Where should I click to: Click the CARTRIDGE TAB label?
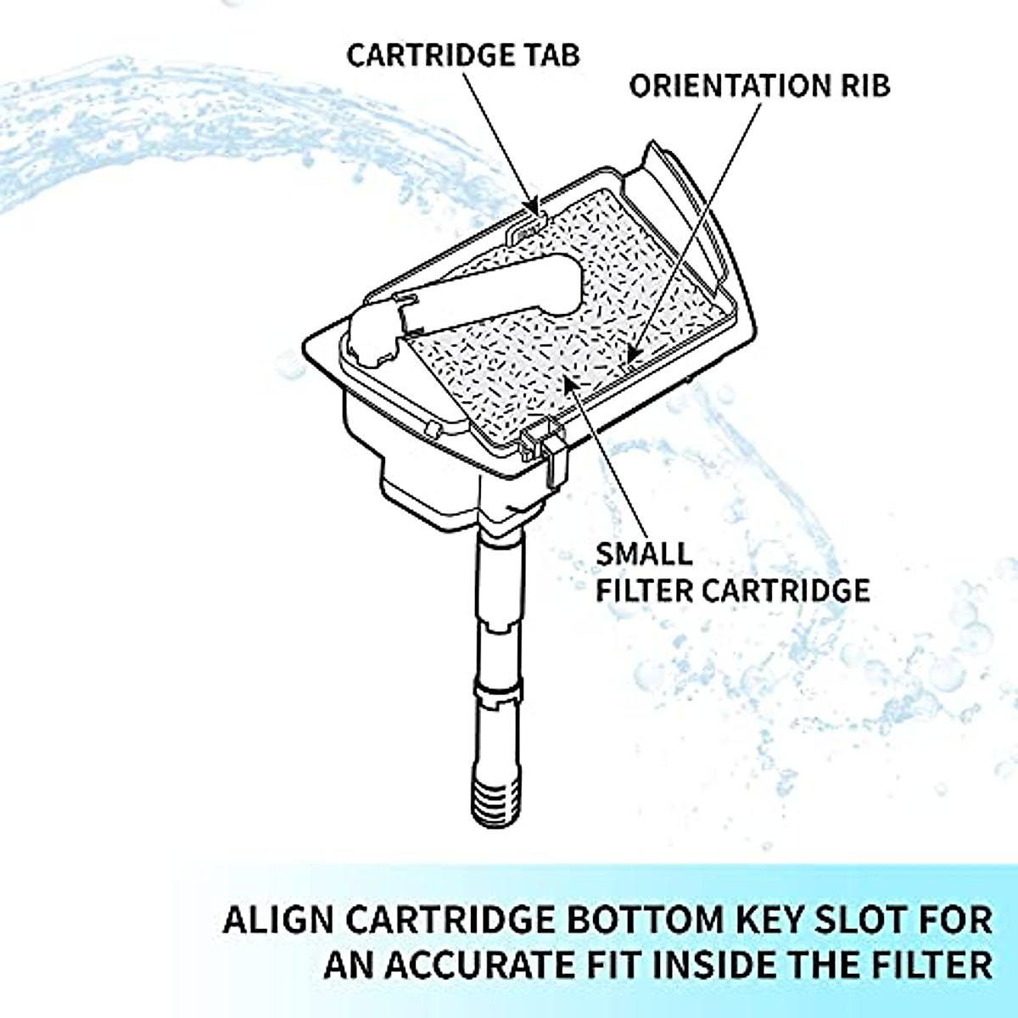pyautogui.click(x=463, y=55)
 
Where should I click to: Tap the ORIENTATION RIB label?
pyautogui.click(x=759, y=86)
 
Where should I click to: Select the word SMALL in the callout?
pyautogui.click(x=643, y=555)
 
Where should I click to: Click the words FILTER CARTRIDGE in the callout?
pyautogui.click(x=732, y=590)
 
